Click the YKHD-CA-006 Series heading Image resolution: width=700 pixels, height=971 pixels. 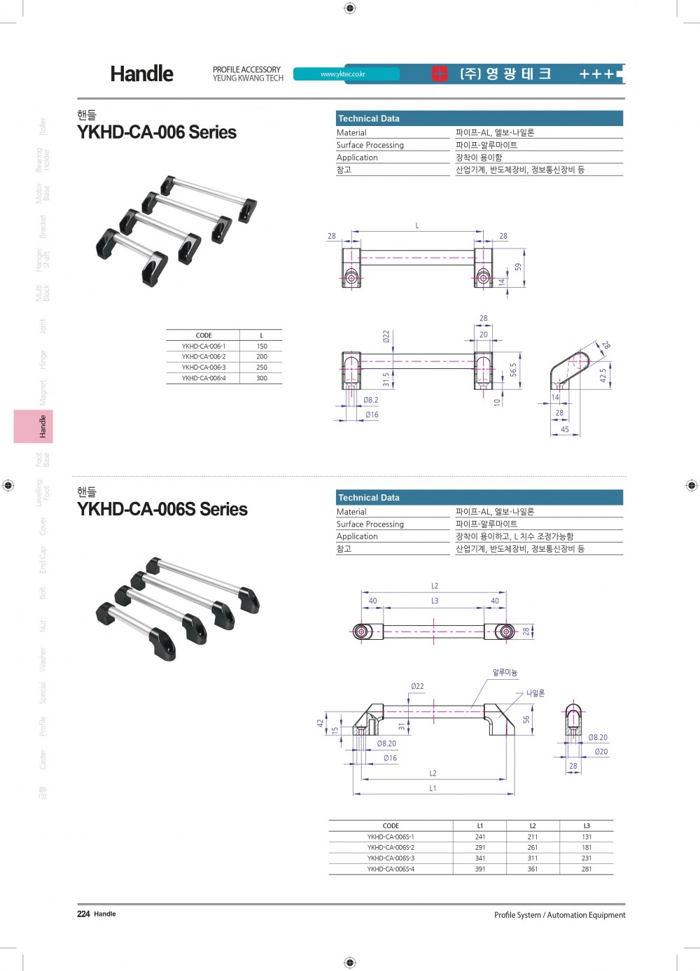157,132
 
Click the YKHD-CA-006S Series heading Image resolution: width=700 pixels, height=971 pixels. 162,509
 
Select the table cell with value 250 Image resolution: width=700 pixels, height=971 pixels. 262,368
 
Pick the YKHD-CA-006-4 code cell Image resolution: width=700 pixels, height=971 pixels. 204,378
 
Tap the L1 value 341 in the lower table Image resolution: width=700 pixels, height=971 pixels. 480,858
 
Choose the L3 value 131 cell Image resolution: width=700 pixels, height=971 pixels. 587,837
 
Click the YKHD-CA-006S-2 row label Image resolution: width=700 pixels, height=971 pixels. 391,848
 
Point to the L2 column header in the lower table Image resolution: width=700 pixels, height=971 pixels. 533,826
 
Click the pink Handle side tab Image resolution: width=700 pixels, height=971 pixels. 33,426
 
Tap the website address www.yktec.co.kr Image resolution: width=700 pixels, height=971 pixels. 343,74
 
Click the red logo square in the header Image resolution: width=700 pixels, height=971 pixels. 440,74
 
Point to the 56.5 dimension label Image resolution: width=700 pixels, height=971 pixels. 514,370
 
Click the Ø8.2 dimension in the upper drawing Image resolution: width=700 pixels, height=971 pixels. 371,400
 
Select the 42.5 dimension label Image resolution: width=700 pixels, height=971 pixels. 603,376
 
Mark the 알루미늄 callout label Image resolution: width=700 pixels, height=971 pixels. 505,672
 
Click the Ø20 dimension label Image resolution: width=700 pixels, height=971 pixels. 601,752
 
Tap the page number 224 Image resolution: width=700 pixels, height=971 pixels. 83,914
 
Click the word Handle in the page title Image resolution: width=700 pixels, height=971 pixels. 141,74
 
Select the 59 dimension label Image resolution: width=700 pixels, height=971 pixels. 518,267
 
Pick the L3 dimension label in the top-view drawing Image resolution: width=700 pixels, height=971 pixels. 435,601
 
